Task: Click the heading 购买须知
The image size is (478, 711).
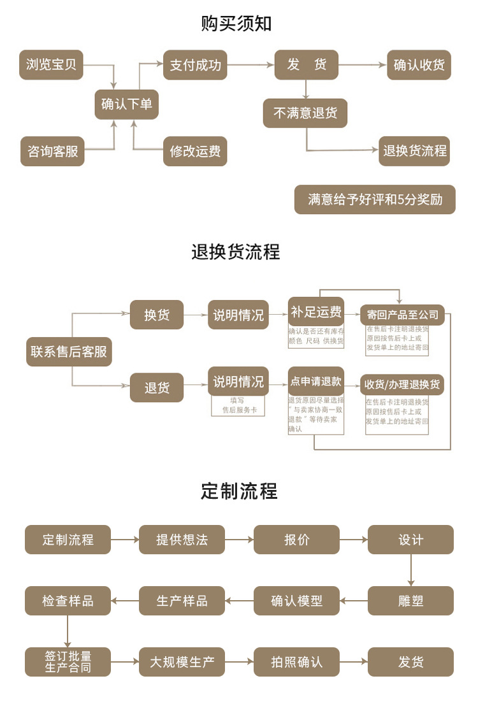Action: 236,24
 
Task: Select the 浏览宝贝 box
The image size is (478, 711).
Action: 52,64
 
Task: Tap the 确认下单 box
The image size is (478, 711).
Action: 127,104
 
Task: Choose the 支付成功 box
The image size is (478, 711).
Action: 195,64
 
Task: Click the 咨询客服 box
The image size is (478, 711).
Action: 52,152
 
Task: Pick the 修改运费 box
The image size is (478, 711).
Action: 195,152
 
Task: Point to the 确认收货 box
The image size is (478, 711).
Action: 419,64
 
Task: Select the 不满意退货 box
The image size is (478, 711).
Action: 305,113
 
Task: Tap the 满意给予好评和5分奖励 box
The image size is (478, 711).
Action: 375,199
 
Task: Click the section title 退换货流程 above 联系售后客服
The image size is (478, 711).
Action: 236,252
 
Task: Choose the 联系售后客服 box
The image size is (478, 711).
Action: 69,351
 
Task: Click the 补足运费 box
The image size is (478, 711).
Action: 316,312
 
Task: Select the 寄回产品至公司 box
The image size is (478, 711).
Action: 402,315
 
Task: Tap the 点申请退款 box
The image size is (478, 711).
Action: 316,382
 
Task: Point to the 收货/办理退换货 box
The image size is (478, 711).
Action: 402,385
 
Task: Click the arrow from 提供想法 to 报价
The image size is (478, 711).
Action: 240,540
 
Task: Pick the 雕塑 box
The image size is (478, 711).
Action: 410,600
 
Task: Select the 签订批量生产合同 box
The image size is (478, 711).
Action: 68,662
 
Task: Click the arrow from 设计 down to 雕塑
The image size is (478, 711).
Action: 411,570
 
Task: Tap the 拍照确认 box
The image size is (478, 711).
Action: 296,662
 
